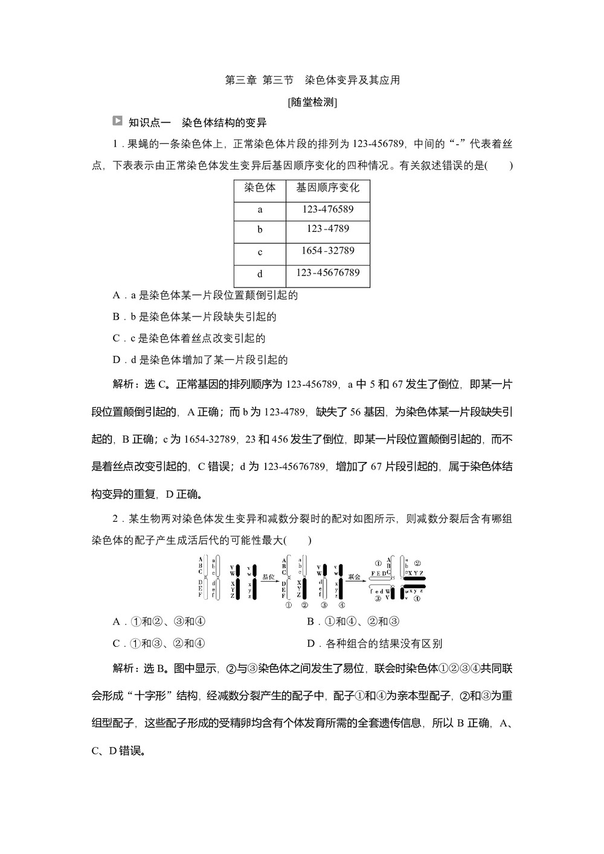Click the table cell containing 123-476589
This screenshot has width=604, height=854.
[328, 210]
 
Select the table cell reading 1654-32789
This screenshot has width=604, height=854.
[328, 251]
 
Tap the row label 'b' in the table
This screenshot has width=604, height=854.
[260, 230]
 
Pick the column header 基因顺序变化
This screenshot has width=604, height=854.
[328, 188]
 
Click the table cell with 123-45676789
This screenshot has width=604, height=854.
[328, 273]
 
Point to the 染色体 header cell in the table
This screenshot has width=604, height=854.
[260, 188]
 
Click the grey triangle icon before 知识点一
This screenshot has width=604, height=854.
[117, 121]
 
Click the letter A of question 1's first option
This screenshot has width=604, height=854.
[116, 295]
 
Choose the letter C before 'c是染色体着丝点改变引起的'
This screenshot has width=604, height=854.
[116, 338]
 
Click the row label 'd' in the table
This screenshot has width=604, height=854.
[260, 274]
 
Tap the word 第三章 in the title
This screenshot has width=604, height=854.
[240, 80]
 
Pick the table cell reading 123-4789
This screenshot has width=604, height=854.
[328, 229]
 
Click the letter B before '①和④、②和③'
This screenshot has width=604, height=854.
[310, 622]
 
